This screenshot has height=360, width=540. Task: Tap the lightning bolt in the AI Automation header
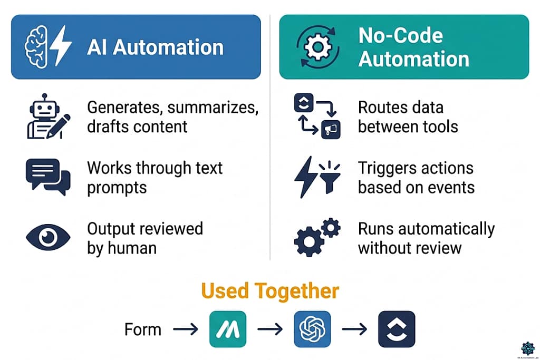[x=63, y=47]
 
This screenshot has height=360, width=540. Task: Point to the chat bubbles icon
[x=47, y=177]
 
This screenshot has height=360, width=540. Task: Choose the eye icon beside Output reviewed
[x=47, y=238]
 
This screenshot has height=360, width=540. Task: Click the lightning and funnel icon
[x=316, y=177]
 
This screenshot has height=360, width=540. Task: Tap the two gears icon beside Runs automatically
[x=316, y=238]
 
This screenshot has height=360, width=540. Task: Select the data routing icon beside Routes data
[x=316, y=116]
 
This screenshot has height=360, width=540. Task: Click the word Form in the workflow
[x=142, y=329]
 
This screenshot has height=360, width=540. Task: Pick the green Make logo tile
[x=227, y=329]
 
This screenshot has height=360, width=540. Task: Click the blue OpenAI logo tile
[x=312, y=329]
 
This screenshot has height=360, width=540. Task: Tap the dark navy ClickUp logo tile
[x=397, y=329]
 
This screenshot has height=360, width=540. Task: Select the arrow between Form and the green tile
[x=186, y=329]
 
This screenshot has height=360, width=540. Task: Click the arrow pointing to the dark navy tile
[x=354, y=329]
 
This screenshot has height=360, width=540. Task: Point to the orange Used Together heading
[x=270, y=291]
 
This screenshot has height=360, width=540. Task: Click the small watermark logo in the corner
[x=527, y=347]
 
